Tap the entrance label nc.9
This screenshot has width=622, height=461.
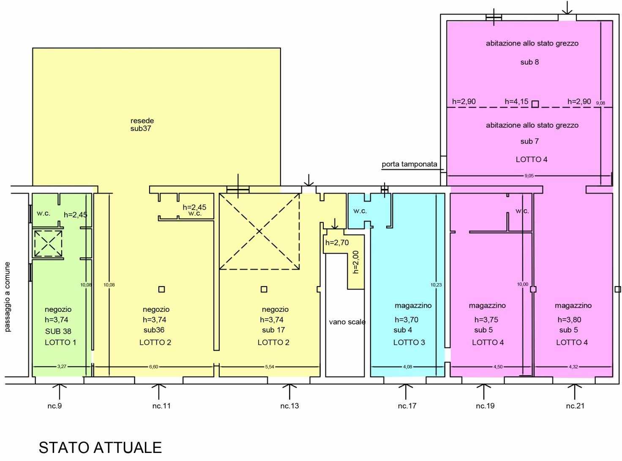[55, 406]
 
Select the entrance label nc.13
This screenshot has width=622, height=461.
[289, 406]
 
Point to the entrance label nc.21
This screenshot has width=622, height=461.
[575, 406]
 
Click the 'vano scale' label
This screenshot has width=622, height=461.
[347, 322]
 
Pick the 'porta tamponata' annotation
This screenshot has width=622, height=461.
[409, 164]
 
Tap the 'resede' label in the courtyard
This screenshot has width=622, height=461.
[142, 120]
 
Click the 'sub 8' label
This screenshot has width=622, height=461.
[529, 62]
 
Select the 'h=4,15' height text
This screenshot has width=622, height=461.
[516, 101]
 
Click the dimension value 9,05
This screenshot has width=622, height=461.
[529, 176]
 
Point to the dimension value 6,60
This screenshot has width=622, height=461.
[153, 366]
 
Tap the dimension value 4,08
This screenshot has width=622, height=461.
[407, 366]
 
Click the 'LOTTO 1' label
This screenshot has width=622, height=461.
[60, 342]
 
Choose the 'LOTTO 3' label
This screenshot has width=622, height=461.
[409, 342]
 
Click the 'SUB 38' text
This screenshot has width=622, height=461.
[58, 331]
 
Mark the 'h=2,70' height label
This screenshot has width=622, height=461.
[337, 243]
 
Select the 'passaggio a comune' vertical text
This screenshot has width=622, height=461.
[8, 297]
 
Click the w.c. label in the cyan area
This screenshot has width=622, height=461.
[360, 211]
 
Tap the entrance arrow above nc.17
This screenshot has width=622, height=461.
[406, 391]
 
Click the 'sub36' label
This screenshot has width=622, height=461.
[154, 330]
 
